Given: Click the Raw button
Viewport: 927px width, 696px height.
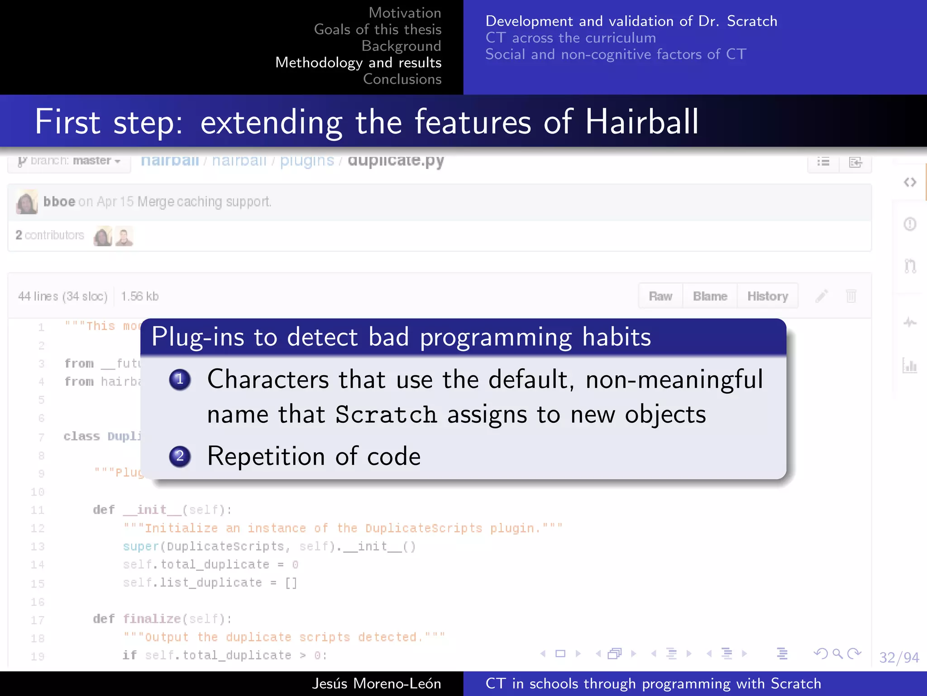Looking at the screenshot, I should click(x=660, y=296).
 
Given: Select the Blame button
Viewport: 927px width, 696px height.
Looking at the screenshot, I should click(x=710, y=296).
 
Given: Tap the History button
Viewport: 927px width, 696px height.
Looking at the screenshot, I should click(x=767, y=296).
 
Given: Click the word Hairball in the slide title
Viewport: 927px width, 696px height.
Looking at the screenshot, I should click(x=641, y=122).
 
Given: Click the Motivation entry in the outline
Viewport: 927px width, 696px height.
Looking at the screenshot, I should click(x=405, y=13).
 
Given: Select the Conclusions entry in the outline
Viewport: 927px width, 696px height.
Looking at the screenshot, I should click(x=402, y=79).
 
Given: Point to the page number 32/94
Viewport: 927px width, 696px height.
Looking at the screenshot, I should click(x=898, y=657).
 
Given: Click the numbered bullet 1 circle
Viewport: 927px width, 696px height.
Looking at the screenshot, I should click(x=180, y=379).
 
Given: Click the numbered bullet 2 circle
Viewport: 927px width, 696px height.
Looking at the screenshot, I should click(x=180, y=456).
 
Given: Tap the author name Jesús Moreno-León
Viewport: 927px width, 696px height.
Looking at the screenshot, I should click(x=376, y=683).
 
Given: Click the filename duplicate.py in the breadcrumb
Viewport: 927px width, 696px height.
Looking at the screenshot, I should click(x=396, y=160).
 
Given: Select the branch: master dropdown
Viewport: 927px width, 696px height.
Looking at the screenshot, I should click(x=69, y=161).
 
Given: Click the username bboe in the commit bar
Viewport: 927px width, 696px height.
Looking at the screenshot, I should click(x=59, y=202).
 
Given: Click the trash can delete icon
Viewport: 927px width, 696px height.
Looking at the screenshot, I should click(x=851, y=296).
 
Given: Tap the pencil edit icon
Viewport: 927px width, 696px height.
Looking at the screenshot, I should click(x=822, y=296).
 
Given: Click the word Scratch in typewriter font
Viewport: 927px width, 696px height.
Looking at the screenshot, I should click(x=386, y=415).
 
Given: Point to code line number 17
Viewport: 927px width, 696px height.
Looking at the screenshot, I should click(x=38, y=620).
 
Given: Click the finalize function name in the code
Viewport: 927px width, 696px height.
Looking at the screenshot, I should click(x=152, y=619).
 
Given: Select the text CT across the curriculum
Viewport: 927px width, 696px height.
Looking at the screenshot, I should click(x=570, y=38).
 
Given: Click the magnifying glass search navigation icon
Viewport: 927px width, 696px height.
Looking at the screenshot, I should click(x=837, y=653).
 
